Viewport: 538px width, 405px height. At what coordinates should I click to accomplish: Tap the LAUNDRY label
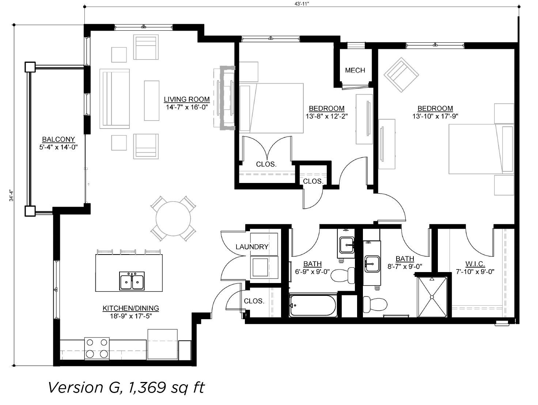(x=252, y=247)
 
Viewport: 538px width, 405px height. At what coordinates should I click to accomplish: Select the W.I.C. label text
(x=475, y=264)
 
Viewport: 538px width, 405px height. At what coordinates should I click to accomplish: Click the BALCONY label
(x=58, y=139)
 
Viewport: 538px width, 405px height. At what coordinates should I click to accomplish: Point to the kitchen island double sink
(x=132, y=280)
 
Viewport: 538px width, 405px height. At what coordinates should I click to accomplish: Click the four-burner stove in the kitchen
(x=97, y=348)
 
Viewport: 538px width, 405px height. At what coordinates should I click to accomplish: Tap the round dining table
(x=173, y=218)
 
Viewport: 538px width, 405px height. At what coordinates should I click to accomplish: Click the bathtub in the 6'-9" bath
(x=313, y=305)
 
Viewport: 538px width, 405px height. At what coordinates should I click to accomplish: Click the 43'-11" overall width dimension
(x=302, y=3)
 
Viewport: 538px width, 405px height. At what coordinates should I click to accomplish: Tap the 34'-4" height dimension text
(x=11, y=195)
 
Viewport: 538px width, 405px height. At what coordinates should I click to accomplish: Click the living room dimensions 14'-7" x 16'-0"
(x=187, y=107)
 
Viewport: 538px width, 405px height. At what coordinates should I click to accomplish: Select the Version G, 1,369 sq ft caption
(x=126, y=387)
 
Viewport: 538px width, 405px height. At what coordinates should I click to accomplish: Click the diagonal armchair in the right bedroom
(x=401, y=75)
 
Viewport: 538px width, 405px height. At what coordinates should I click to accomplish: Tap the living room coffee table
(x=151, y=101)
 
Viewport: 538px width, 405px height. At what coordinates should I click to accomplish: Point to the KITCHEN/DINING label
(x=130, y=308)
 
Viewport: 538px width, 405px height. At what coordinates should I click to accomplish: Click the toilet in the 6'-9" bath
(x=343, y=275)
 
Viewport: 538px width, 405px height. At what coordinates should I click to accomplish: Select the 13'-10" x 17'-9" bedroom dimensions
(x=435, y=116)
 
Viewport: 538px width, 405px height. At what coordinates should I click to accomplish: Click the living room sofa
(x=114, y=99)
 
